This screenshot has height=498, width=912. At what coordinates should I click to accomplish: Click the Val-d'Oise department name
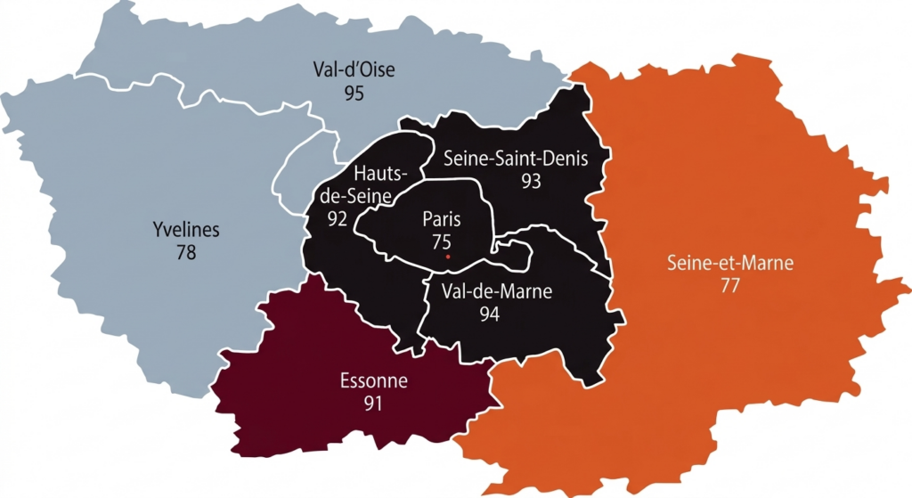click(354, 69)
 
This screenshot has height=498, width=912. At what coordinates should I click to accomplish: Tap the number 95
click(354, 93)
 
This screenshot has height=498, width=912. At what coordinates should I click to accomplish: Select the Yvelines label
click(186, 231)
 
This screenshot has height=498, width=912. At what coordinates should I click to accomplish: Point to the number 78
click(186, 253)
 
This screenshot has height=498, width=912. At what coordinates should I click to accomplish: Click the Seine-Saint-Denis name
click(524, 158)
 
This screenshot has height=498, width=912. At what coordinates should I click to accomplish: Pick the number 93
click(532, 180)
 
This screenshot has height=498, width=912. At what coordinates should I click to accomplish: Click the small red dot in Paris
click(448, 257)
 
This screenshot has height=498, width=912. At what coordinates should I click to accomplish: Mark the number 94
click(488, 314)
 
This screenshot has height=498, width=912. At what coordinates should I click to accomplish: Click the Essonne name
click(373, 381)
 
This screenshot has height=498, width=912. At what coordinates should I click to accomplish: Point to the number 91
click(373, 404)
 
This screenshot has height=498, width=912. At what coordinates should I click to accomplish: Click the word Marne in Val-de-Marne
click(525, 291)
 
